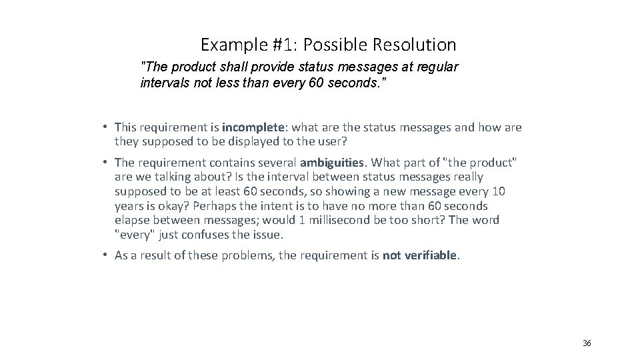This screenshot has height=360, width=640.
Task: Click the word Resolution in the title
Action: [419, 45]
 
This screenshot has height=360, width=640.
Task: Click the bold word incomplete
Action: [249, 127]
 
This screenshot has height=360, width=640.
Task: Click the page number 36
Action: [587, 343]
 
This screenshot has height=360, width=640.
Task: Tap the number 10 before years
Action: [499, 191]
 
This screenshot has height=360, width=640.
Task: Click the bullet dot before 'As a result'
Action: [106, 254]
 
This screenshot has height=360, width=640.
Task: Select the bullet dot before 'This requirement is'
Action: [106, 127]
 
